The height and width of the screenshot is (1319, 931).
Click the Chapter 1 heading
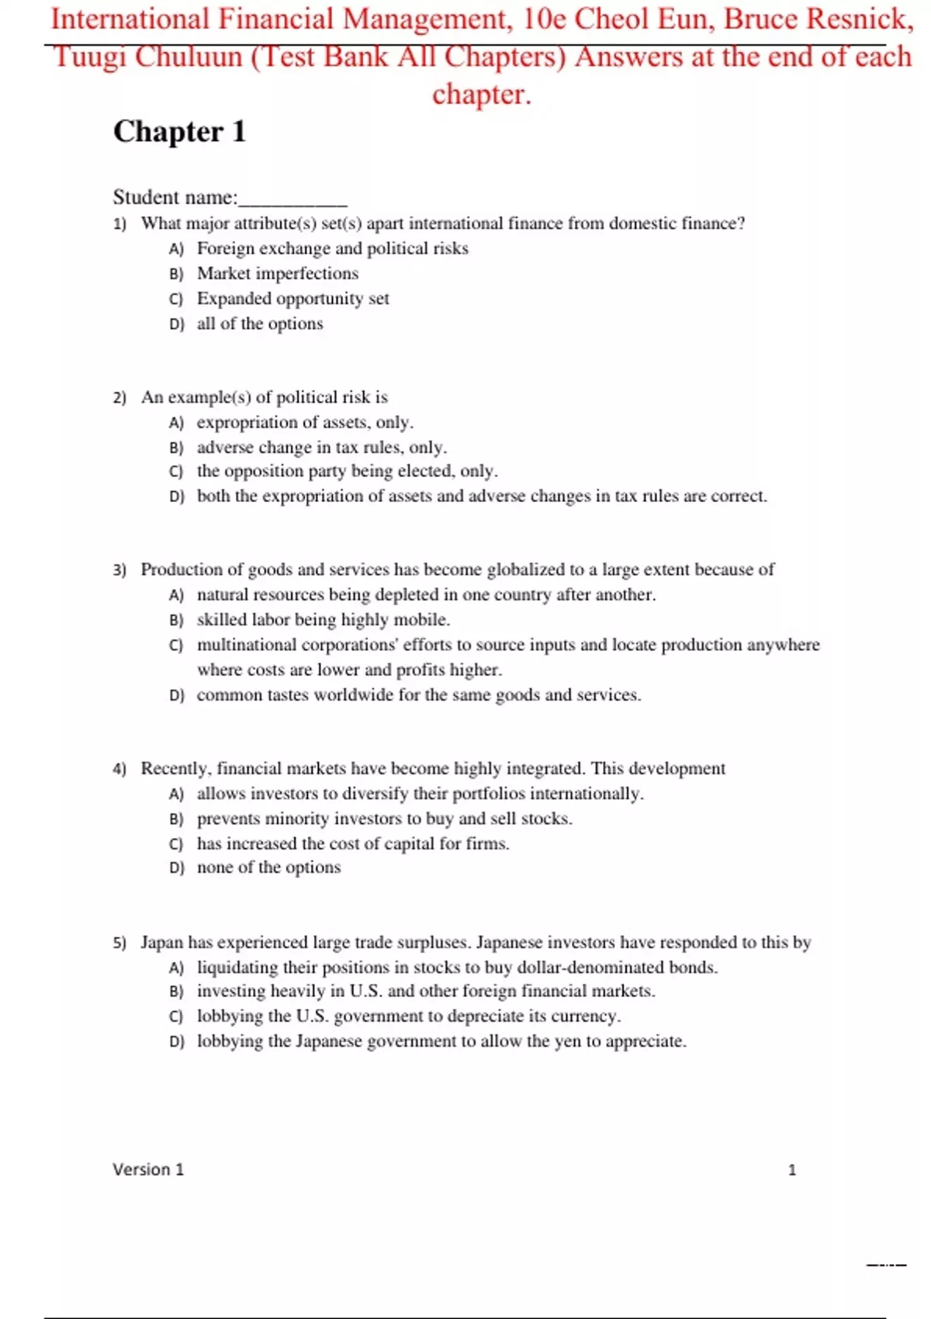pyautogui.click(x=179, y=132)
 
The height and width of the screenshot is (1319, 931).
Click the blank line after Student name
pyautogui.click(x=292, y=199)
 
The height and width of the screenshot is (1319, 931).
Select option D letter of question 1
pyautogui.click(x=177, y=324)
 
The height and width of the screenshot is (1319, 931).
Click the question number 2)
pyautogui.click(x=119, y=398)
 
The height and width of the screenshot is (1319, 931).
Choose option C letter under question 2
pyautogui.click(x=176, y=472)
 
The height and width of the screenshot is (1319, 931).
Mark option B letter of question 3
pyautogui.click(x=176, y=621)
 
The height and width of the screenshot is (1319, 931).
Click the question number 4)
pyautogui.click(x=119, y=769)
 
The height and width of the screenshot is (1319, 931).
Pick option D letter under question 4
pyautogui.click(x=177, y=868)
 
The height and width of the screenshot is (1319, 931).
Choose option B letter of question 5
pyautogui.click(x=176, y=992)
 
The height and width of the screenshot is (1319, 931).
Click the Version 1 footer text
pyautogui.click(x=148, y=1170)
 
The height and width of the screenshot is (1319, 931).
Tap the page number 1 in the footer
pyautogui.click(x=792, y=1170)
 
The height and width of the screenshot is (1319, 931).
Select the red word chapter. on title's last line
pyautogui.click(x=481, y=95)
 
